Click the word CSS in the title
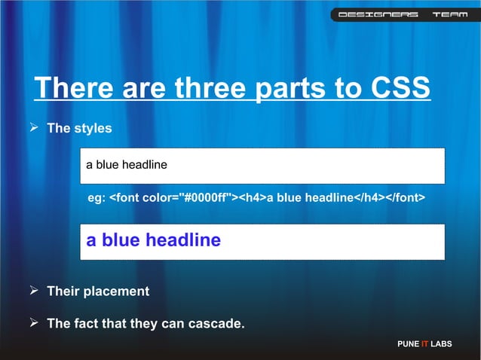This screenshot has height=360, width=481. pyautogui.click(x=400, y=88)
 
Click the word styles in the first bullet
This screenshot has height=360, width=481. pyautogui.click(x=93, y=129)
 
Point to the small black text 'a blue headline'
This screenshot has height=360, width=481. pyautogui.click(x=126, y=165)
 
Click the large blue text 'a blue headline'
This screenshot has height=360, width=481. pyautogui.click(x=153, y=240)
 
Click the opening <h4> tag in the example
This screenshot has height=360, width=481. pyautogui.click(x=253, y=198)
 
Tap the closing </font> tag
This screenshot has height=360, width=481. pyautogui.click(x=406, y=198)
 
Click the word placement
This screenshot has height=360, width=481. pyautogui.click(x=117, y=291)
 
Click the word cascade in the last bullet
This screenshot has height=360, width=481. pyautogui.click(x=217, y=325)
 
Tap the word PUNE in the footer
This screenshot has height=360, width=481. pyautogui.click(x=408, y=344)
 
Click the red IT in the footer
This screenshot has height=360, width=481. pyautogui.click(x=424, y=344)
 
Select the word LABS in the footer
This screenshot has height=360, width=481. pyautogui.click(x=441, y=344)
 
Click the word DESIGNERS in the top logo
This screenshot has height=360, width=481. pyautogui.click(x=378, y=15)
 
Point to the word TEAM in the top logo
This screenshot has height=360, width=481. pyautogui.click(x=448, y=15)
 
